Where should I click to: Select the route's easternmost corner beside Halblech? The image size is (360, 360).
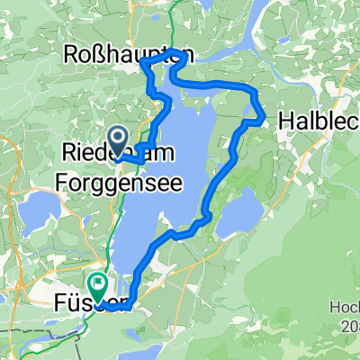(262, 118)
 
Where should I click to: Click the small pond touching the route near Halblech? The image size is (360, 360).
(249, 111)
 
